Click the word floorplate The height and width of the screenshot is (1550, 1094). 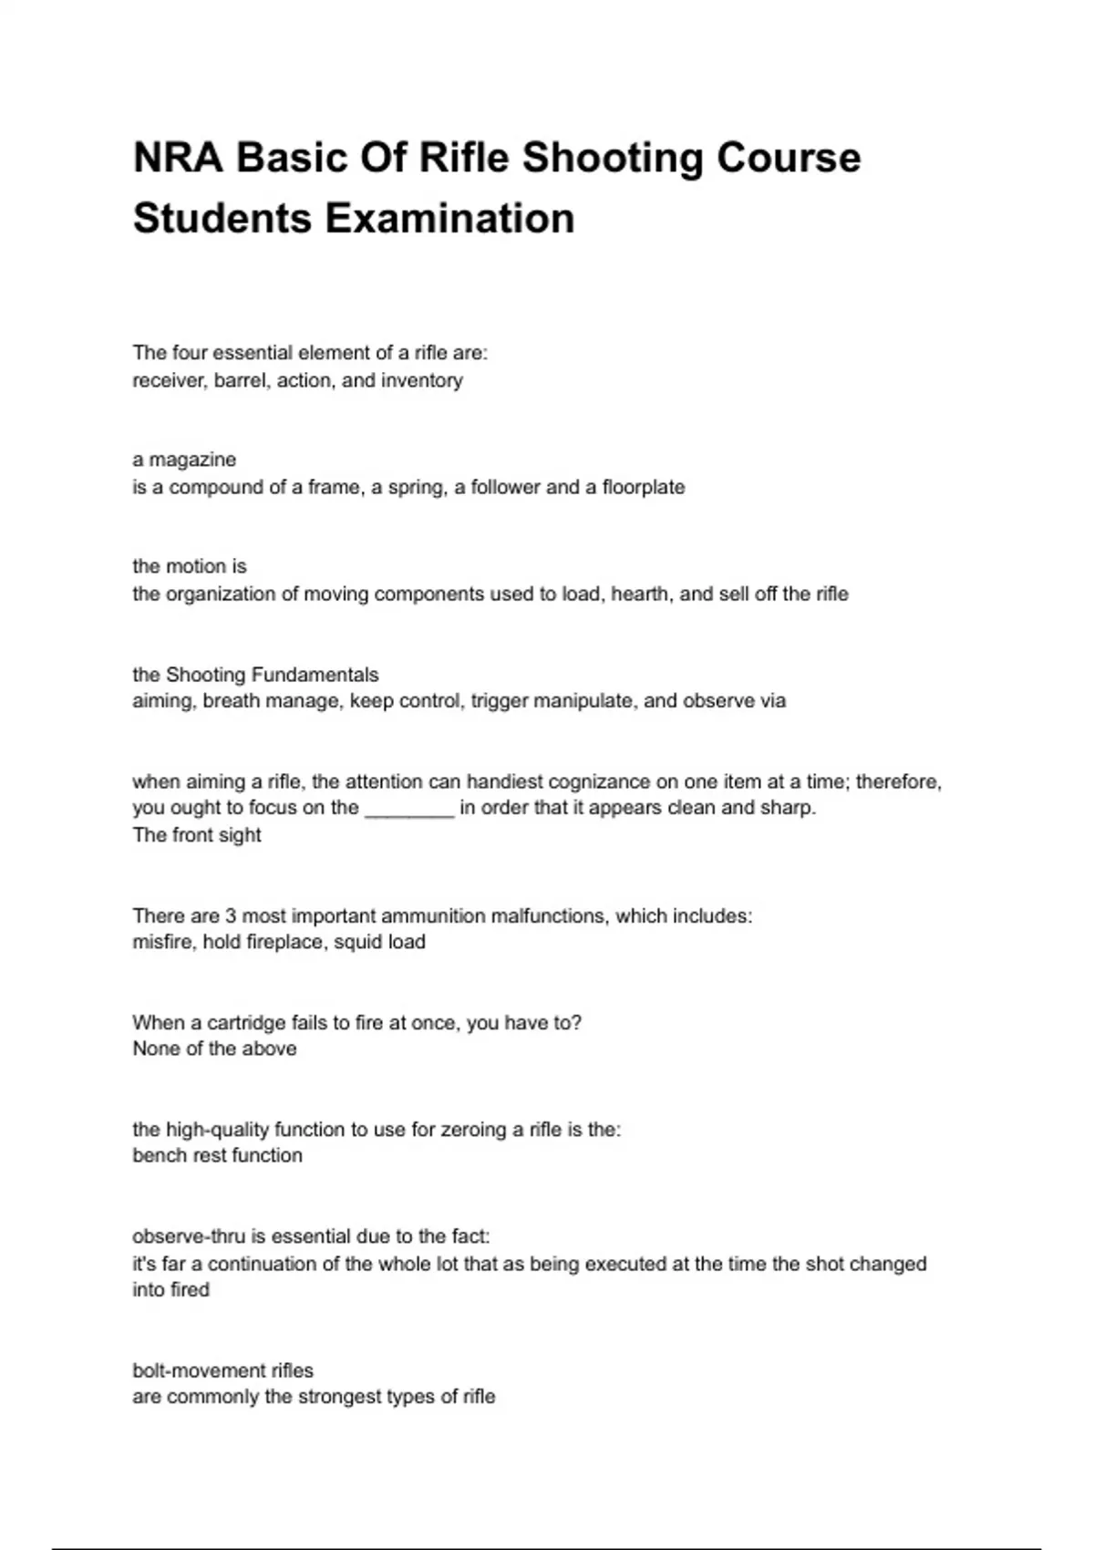click(x=643, y=487)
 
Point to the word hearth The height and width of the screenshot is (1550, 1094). click(x=641, y=594)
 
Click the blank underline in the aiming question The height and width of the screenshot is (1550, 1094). click(x=408, y=809)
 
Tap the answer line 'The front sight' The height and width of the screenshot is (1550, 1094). click(x=197, y=835)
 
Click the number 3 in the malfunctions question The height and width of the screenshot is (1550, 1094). click(x=231, y=915)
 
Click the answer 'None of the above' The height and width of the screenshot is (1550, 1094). click(x=214, y=1049)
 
